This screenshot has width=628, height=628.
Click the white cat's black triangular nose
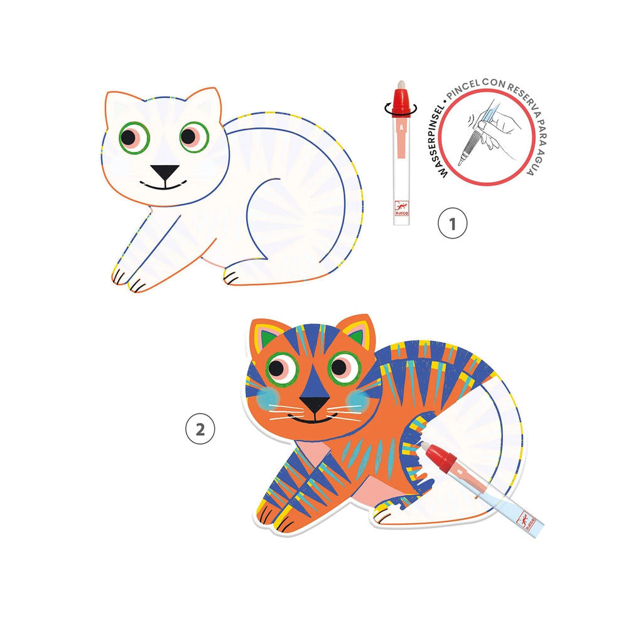pos(165,171)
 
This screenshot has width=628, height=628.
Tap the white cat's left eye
pos(134,138)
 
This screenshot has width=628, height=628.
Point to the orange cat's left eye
pos(281,367)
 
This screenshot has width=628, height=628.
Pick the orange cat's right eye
pos(344,367)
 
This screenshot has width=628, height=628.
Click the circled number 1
pos(452,223)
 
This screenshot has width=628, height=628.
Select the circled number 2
pos(200,430)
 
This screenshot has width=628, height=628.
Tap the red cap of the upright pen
pos(401,104)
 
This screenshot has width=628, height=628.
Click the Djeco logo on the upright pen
pos(401,208)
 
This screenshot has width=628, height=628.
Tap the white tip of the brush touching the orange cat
pos(423,445)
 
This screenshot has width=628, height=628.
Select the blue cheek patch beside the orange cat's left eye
pos(266,398)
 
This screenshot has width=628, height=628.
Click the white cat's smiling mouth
pos(164,185)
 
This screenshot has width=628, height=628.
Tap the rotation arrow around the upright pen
pos(401,108)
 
